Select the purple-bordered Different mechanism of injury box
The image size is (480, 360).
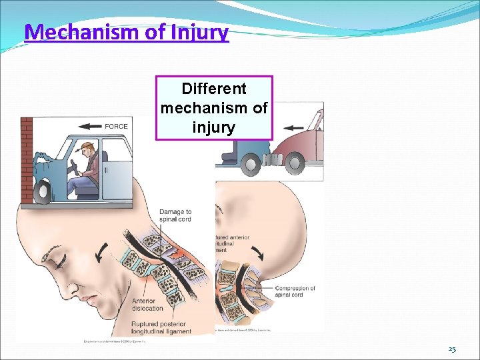pos(214,107)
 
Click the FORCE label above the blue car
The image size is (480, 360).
pos(116,126)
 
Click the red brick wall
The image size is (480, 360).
pos(27,160)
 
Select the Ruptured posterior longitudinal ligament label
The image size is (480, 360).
pos(161,327)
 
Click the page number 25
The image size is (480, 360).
pos(452,349)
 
